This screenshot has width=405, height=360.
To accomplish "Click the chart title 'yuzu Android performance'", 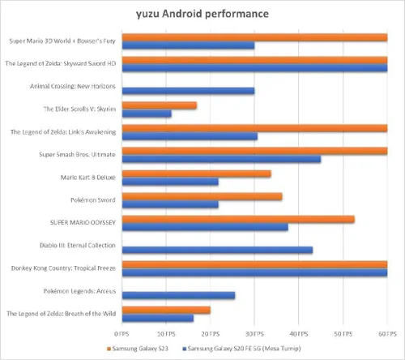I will pyautogui.click(x=203, y=14).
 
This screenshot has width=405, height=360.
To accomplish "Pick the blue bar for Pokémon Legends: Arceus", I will pyautogui.click(x=178, y=295).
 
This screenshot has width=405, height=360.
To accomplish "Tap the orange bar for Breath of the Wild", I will pyautogui.click(x=166, y=310).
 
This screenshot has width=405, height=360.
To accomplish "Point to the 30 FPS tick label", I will pyautogui.click(x=254, y=333).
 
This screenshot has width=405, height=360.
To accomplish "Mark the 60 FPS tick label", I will pyautogui.click(x=386, y=333).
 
